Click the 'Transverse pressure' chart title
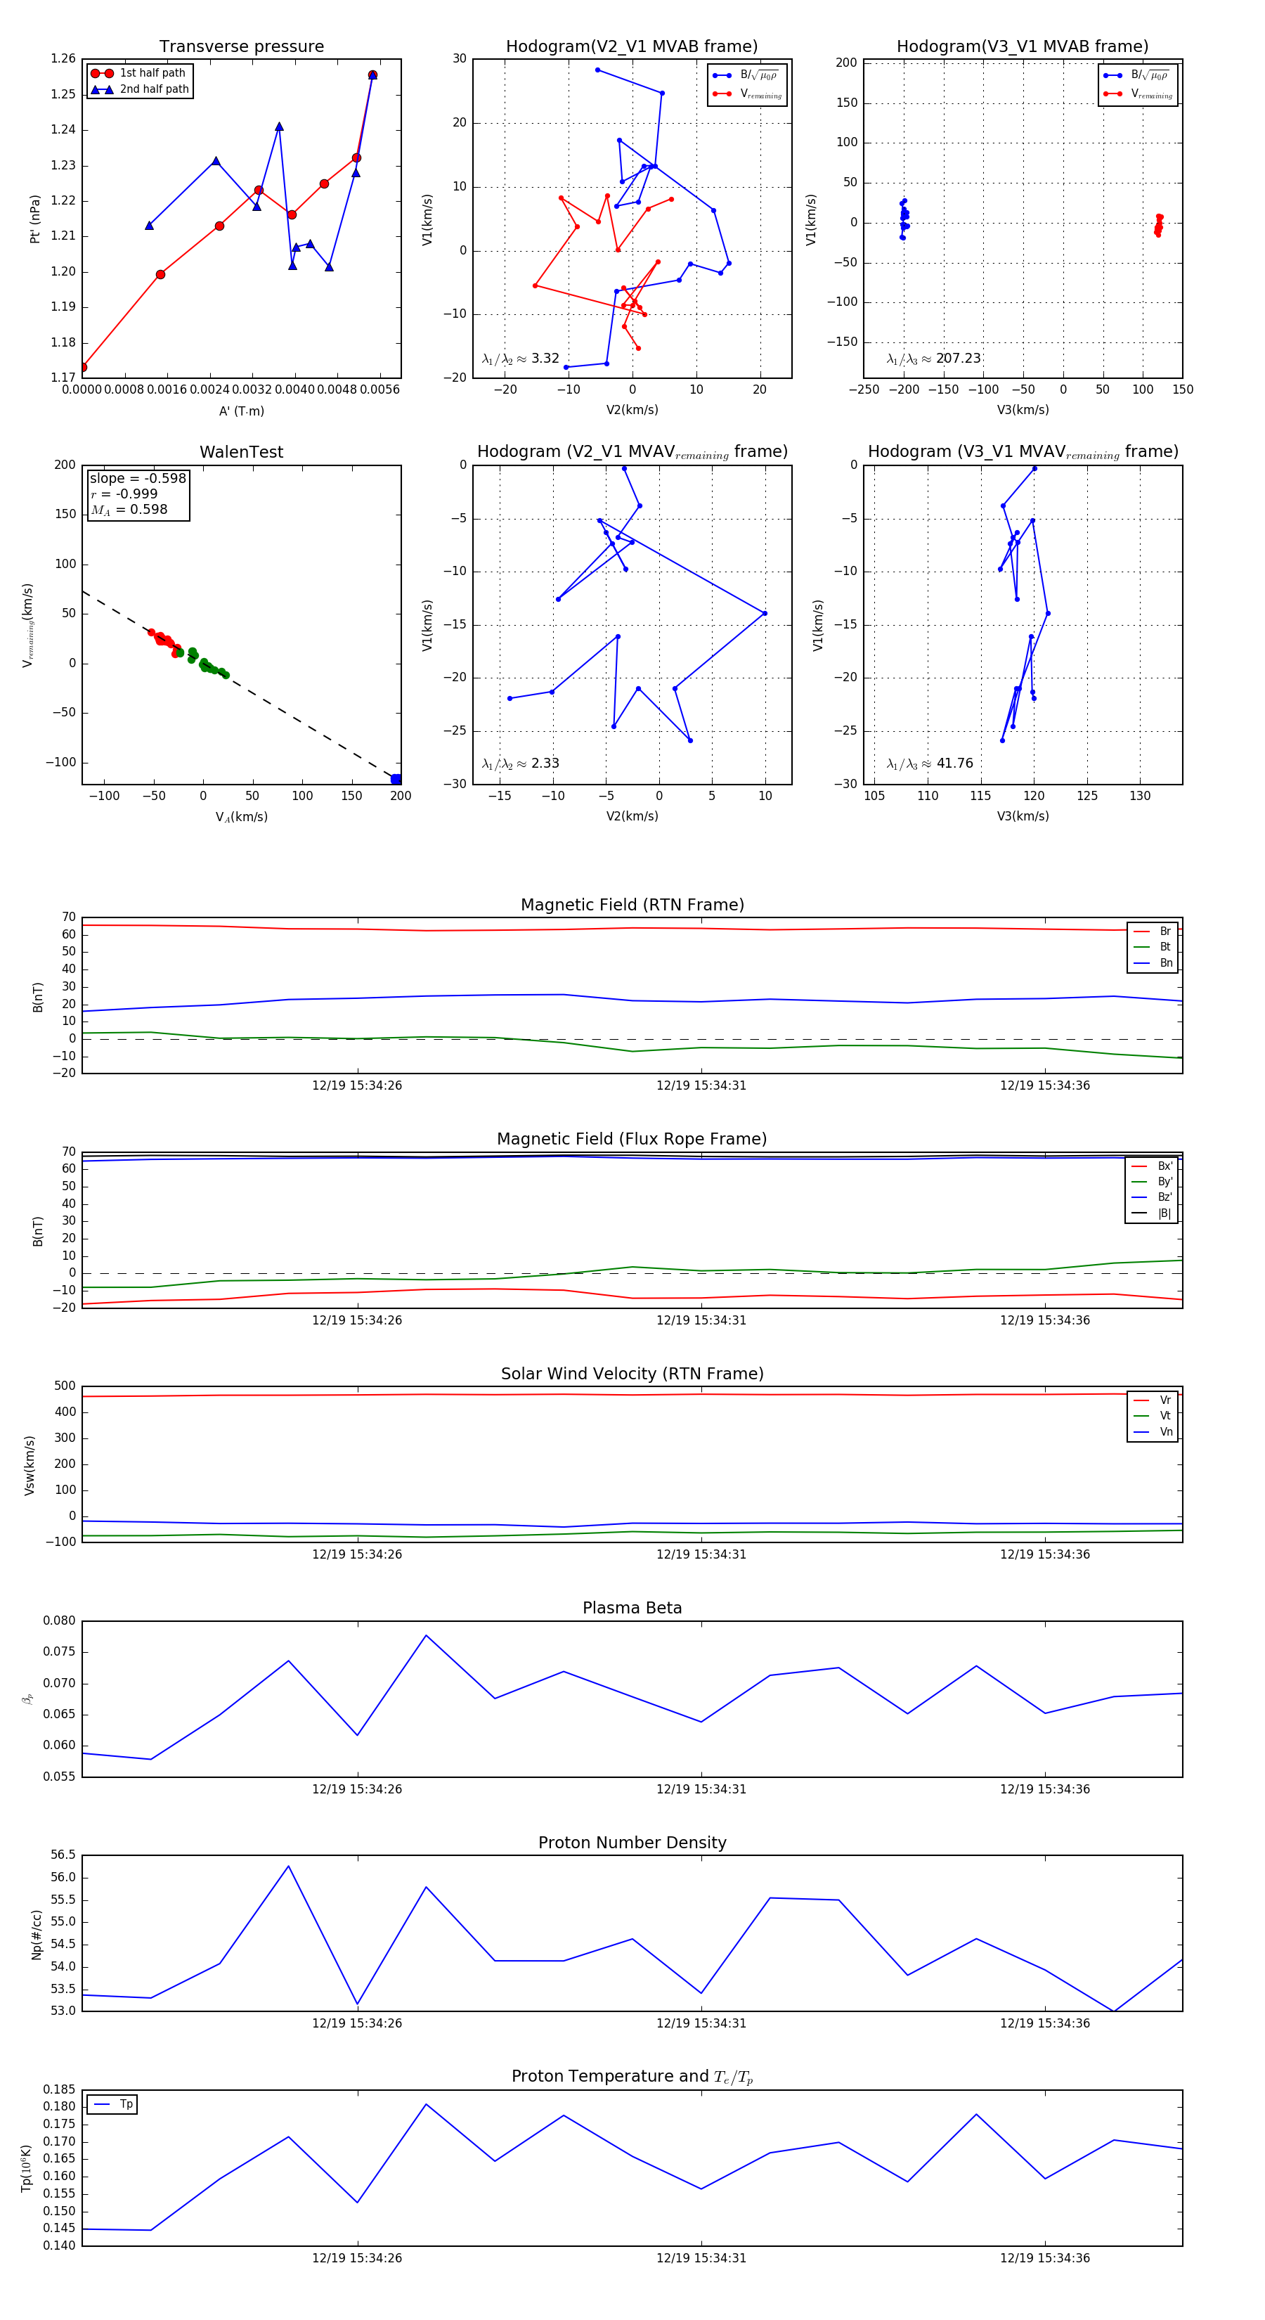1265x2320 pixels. (241, 47)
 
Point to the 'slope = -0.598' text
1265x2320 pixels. (138, 478)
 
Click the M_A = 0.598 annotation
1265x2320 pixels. (129, 510)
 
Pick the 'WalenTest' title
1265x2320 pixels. (241, 452)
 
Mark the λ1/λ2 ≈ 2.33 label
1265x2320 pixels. (520, 763)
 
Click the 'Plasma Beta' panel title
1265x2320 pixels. (632, 1608)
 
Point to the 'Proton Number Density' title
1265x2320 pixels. (632, 1843)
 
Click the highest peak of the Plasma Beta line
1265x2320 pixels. (426, 1635)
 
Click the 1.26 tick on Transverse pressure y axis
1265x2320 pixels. (63, 58)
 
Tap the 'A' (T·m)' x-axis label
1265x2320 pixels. (241, 411)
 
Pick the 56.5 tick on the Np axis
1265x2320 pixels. (63, 1855)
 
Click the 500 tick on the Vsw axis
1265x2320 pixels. (65, 1386)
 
